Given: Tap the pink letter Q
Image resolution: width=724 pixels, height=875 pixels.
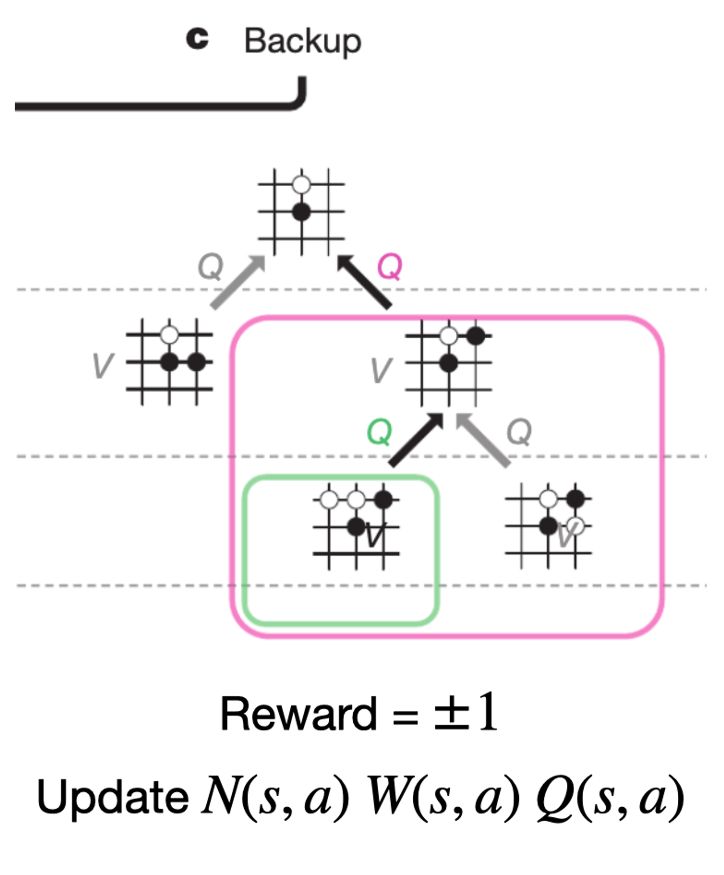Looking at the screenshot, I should tap(389, 266).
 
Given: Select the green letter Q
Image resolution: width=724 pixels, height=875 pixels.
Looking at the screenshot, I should tap(379, 432).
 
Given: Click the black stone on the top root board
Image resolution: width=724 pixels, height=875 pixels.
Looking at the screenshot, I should tap(301, 212).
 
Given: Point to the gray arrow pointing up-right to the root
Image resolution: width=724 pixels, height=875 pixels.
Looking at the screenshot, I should tap(237, 283).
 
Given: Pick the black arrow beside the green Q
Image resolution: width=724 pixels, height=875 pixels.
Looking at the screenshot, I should tap(416, 440).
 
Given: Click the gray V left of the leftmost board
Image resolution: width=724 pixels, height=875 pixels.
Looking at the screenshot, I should tap(102, 365).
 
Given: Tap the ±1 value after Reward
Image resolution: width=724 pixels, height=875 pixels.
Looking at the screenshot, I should tap(466, 712).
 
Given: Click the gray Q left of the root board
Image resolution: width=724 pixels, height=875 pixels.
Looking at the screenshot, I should tap(210, 266).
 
